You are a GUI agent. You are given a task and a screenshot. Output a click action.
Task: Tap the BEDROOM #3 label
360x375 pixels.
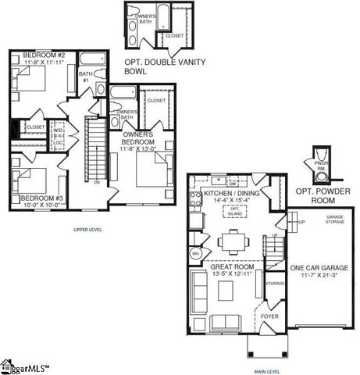tap(41, 198)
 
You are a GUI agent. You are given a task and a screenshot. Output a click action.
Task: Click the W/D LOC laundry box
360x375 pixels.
tap(59, 131)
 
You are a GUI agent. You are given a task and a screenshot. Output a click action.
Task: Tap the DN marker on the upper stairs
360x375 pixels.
tap(95, 182)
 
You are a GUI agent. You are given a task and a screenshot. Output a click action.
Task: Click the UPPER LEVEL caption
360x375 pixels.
tap(88, 230)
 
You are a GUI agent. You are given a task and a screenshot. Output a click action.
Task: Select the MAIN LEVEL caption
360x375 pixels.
tap(267, 371)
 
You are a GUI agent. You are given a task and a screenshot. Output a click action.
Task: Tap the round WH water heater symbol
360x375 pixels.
tap(196, 254)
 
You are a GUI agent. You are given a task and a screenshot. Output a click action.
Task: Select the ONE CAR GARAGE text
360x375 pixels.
tap(319, 268)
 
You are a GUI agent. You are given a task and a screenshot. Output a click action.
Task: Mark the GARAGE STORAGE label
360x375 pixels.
tap(335, 220)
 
